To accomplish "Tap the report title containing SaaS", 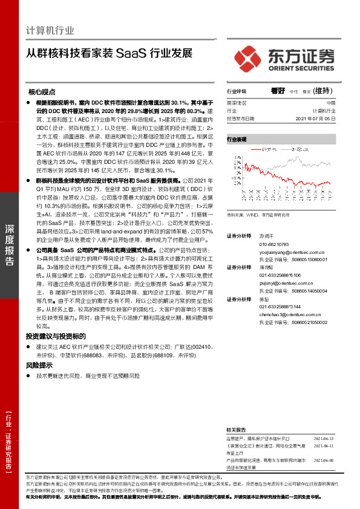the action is [110, 53].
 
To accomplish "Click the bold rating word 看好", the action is [278, 91].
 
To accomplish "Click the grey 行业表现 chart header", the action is [237, 140].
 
